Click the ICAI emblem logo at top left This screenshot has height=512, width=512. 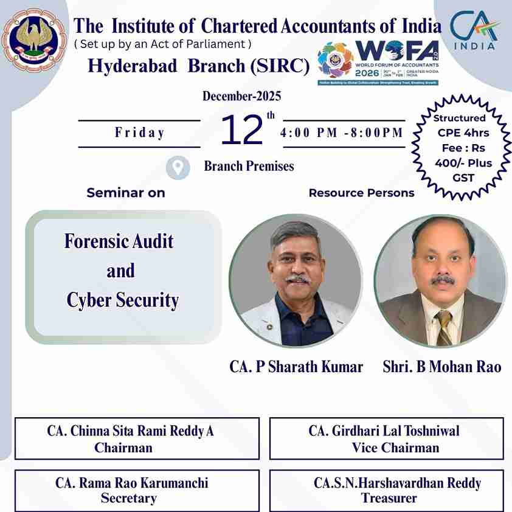click(33, 40)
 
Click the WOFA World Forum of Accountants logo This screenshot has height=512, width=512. click(378, 63)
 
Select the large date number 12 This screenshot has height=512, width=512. click(242, 131)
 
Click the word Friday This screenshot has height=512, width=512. click(140, 133)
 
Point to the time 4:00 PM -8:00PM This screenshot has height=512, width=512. click(342, 133)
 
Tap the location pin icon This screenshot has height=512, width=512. click(178, 167)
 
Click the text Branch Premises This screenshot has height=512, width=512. click(249, 166)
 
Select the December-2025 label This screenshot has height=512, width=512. click(242, 96)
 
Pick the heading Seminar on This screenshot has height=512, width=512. click(126, 193)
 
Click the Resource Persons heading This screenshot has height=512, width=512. click(361, 193)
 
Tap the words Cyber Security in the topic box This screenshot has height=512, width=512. click(123, 300)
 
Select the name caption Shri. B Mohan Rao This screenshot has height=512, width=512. click(442, 367)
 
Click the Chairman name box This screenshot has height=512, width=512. click(137, 439)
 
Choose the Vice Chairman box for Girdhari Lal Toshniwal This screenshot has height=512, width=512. click(386, 439)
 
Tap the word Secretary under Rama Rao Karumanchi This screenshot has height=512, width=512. click(128, 499)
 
